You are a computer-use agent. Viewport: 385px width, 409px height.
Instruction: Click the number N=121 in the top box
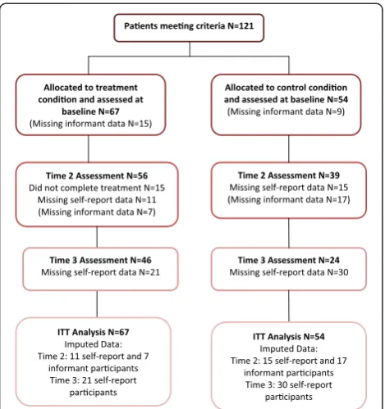click(241, 26)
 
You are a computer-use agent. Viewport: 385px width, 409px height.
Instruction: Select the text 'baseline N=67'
click(90, 111)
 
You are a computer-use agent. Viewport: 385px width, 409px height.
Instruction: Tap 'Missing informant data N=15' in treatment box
click(90, 124)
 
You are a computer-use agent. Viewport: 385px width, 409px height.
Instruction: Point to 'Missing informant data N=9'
click(286, 111)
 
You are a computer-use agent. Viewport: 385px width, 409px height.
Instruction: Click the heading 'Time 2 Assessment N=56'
click(97, 175)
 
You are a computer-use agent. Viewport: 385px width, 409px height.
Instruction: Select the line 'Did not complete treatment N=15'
click(97, 188)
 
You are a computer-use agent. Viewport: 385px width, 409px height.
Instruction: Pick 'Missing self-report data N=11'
click(97, 200)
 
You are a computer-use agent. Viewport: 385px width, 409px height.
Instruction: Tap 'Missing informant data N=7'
click(97, 212)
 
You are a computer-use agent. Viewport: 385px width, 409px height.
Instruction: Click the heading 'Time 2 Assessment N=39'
click(289, 175)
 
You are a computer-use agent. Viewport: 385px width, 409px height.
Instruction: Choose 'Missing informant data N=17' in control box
click(289, 200)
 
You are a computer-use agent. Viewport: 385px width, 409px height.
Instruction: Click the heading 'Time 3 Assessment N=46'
click(100, 260)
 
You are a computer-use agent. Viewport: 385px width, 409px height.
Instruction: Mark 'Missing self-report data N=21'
click(100, 272)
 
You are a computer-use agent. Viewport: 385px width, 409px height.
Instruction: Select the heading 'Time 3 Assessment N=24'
click(289, 260)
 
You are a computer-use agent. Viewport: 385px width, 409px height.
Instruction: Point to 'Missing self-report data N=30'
click(289, 272)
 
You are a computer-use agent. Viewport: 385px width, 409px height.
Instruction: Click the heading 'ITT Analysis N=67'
click(94, 332)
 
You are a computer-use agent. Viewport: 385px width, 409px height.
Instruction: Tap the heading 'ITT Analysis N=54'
click(289, 337)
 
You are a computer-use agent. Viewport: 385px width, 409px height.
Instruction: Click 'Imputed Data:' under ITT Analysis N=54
click(289, 349)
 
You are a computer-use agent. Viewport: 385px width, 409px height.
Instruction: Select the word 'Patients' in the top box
click(141, 26)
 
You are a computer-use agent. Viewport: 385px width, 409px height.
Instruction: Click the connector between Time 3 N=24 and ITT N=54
click(289, 306)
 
